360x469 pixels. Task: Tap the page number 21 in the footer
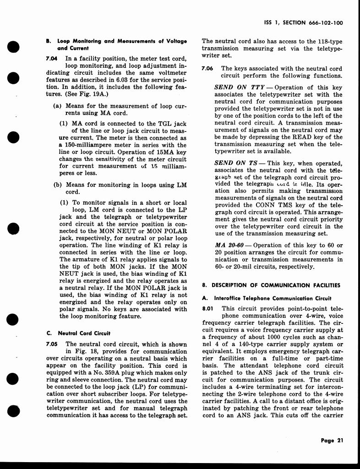tap(339, 441)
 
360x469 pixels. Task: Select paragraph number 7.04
tap(52, 59)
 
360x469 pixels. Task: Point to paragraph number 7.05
tap(52, 344)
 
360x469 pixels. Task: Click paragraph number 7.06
tap(207, 69)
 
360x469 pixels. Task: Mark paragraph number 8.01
tap(207, 309)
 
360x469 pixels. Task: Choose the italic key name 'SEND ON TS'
tap(236, 164)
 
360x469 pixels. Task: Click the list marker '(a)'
tap(58, 106)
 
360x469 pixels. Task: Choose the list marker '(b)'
tap(58, 185)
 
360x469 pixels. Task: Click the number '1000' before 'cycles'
tap(256, 337)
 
